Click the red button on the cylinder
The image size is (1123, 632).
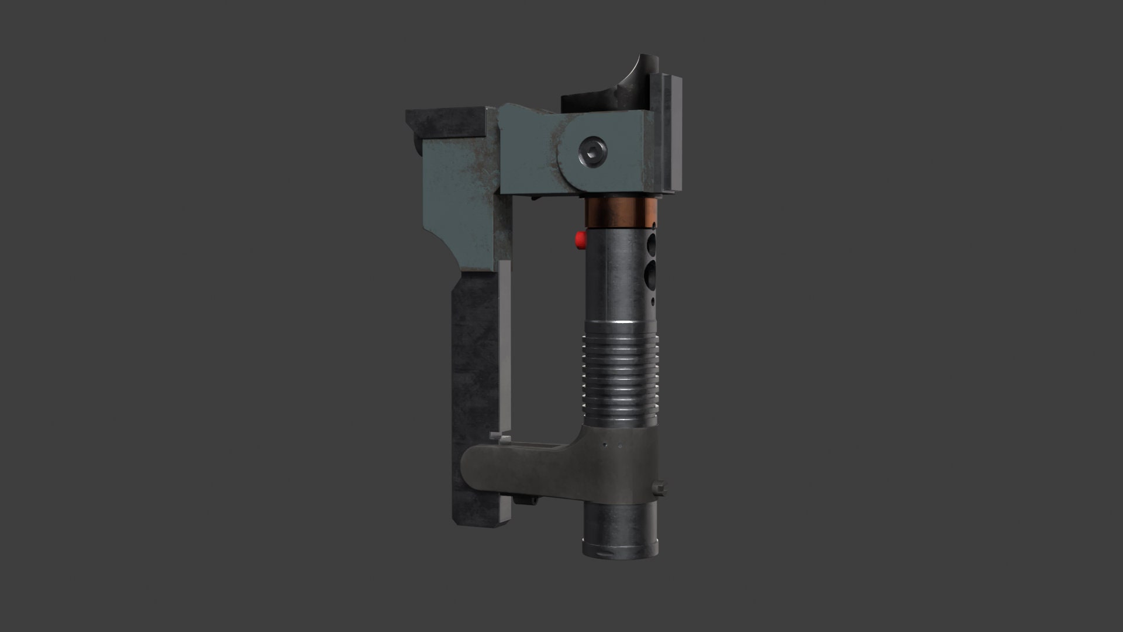click(580, 239)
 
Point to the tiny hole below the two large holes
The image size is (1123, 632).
click(653, 302)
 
